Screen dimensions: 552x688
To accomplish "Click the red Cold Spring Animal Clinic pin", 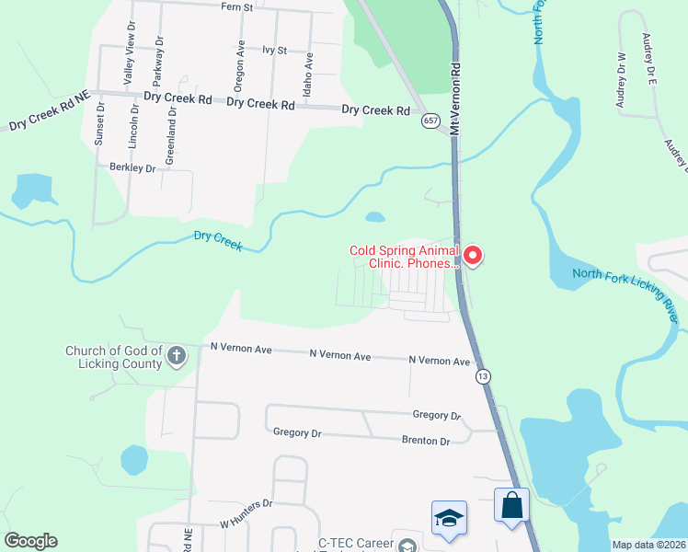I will [x=473, y=254].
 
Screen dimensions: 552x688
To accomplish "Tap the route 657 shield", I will [x=430, y=121].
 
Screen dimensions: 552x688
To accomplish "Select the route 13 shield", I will [x=482, y=376].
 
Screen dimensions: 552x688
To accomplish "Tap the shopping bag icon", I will [x=511, y=505].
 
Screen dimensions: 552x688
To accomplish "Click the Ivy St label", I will [x=275, y=50].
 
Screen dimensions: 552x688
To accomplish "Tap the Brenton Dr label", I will [x=425, y=441].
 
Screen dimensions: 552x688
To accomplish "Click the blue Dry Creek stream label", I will [x=218, y=241].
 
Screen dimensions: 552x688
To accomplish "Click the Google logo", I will [x=30, y=541].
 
